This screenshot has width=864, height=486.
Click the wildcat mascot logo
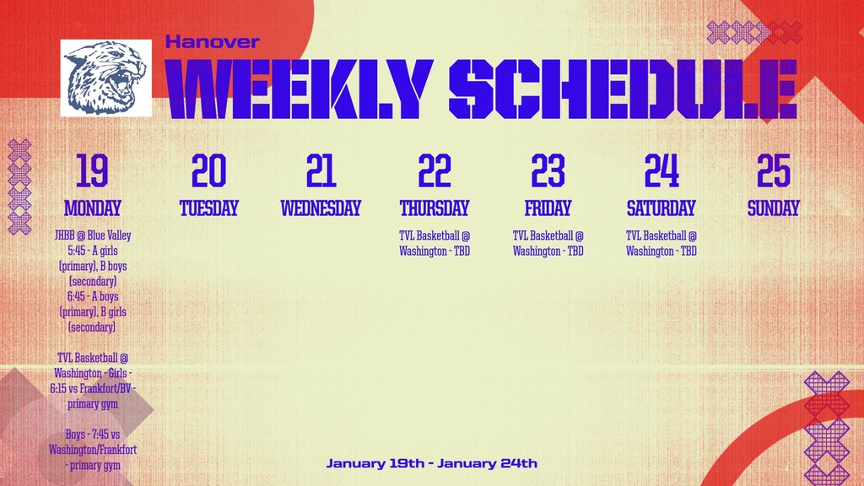[x=105, y=78]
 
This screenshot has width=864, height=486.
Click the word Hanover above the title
[x=212, y=42]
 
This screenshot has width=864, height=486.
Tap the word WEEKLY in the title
[x=300, y=89]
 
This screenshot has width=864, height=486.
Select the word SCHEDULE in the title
[x=624, y=89]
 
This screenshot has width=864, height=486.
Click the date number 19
[x=92, y=170]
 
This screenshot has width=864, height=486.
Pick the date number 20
[x=209, y=170]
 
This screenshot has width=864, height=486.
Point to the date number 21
[x=321, y=170]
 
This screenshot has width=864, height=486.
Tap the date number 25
[x=774, y=170]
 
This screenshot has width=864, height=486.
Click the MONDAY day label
[x=93, y=208]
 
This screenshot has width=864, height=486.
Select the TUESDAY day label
[x=209, y=208]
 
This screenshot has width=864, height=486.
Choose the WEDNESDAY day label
[x=321, y=208]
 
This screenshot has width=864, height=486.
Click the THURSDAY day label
[x=435, y=208]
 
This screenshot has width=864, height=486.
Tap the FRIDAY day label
[x=548, y=208]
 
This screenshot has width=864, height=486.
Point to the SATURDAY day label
[x=661, y=208]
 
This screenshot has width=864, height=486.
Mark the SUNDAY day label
[x=774, y=208]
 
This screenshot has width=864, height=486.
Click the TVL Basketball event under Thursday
[x=435, y=244]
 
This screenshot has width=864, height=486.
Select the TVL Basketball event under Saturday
[x=661, y=244]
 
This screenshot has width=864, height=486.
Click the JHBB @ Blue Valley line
[x=93, y=236]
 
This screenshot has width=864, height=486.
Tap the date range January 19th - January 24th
[x=431, y=463]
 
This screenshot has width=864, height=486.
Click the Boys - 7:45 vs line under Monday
[x=93, y=435]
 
